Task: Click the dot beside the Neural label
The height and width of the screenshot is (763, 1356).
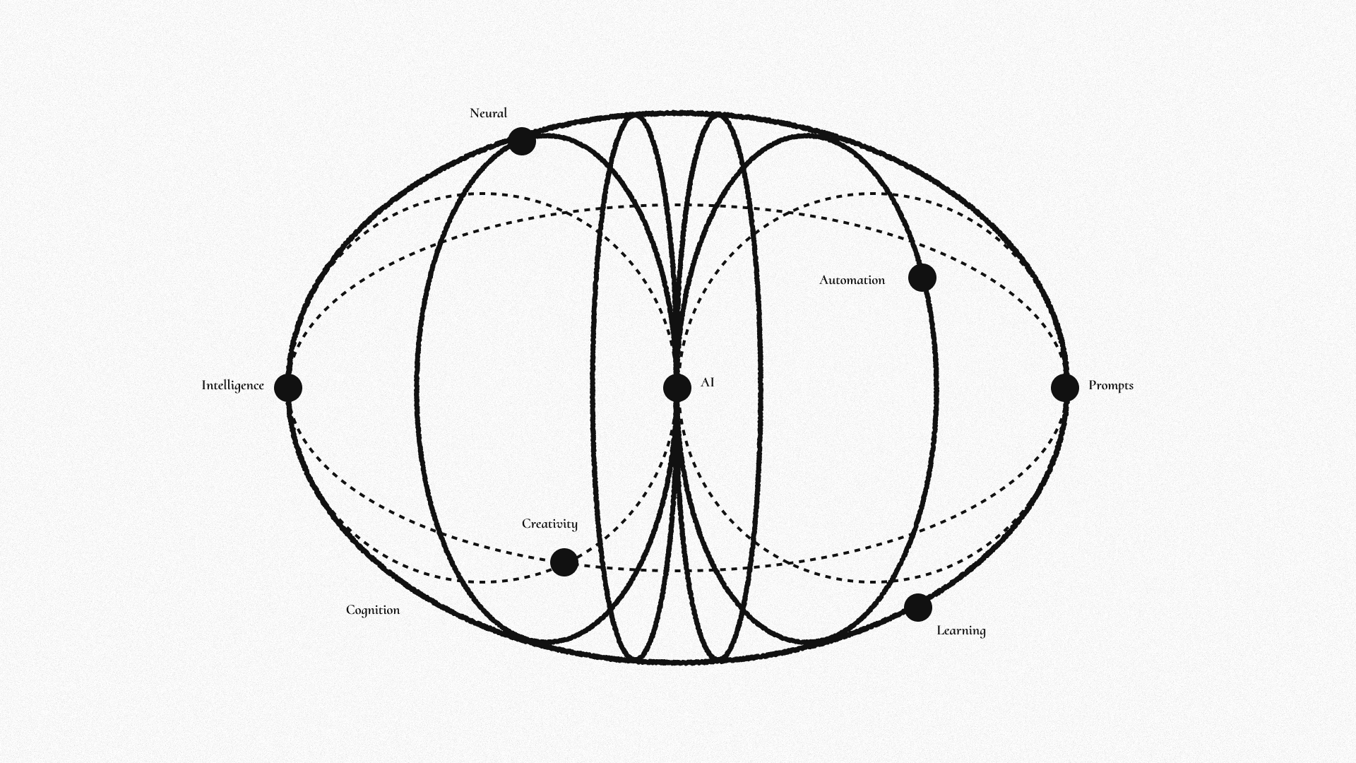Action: [522, 141]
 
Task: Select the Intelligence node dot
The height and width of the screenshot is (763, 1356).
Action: [288, 388]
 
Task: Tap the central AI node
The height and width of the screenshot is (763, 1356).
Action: [677, 388]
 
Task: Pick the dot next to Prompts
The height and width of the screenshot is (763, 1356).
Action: [1065, 388]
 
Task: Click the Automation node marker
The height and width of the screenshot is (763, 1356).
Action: [922, 278]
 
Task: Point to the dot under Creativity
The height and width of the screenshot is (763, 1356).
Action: [564, 562]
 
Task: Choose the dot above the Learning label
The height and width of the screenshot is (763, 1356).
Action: [918, 608]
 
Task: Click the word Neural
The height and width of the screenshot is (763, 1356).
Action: [488, 113]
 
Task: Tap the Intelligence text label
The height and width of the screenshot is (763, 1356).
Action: [232, 386]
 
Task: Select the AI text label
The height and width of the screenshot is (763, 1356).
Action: [708, 382]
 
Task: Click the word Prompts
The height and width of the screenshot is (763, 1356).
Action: [1111, 386]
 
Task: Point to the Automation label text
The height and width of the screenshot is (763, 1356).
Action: [852, 280]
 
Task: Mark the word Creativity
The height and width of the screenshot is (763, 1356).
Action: [549, 524]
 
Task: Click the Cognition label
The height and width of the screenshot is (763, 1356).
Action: [373, 610]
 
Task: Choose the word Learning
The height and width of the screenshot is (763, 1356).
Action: [961, 631]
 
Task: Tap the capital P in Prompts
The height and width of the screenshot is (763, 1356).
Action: [1093, 385]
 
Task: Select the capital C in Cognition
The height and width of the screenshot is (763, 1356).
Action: [350, 610]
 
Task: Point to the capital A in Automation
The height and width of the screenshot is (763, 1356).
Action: [823, 280]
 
